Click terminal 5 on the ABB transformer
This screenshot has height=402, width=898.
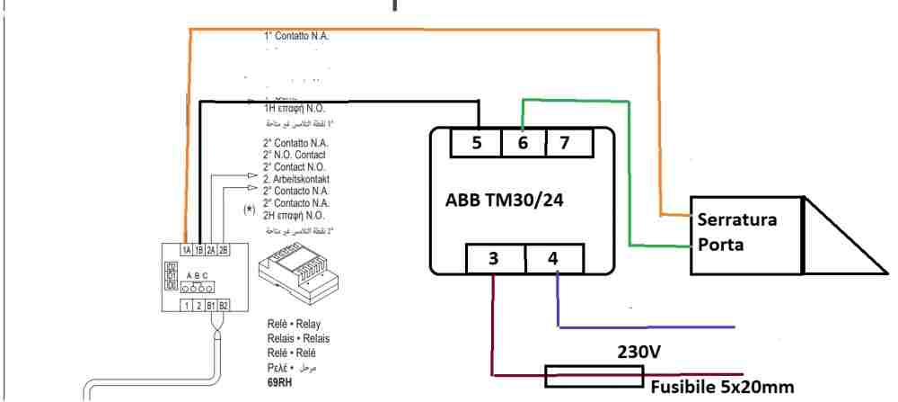477,144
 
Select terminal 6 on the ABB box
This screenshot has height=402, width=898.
523,144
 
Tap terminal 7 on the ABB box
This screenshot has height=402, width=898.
565,144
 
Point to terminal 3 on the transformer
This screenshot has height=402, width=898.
494,259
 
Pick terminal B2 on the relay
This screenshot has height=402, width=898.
224,306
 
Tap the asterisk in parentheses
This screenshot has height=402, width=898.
249,210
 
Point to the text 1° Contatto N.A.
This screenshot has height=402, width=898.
296,37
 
